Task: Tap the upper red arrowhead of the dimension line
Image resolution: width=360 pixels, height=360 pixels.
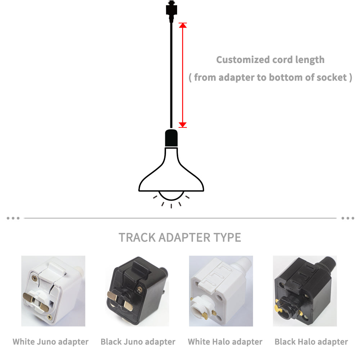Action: [183, 26]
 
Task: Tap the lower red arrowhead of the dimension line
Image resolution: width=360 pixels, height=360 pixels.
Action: [183, 125]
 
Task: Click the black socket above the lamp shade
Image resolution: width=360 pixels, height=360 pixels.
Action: [171, 138]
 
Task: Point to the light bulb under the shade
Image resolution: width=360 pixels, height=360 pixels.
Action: [171, 195]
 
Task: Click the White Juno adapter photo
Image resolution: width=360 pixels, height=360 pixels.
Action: [53, 291]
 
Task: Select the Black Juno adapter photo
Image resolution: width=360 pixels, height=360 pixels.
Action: [137, 291]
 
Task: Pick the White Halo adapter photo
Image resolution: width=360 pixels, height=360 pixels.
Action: [221, 291]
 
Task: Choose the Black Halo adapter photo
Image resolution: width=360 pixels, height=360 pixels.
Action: [305, 291]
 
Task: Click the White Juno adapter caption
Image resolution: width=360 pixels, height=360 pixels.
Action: [51, 342]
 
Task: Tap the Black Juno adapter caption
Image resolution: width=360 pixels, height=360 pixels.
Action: [138, 342]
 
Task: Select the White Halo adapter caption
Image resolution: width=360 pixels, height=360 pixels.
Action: [225, 342]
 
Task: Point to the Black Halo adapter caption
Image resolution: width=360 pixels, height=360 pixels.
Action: [311, 342]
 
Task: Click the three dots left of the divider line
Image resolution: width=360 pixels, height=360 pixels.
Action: [13, 218]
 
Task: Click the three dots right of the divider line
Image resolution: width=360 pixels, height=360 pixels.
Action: [347, 218]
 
